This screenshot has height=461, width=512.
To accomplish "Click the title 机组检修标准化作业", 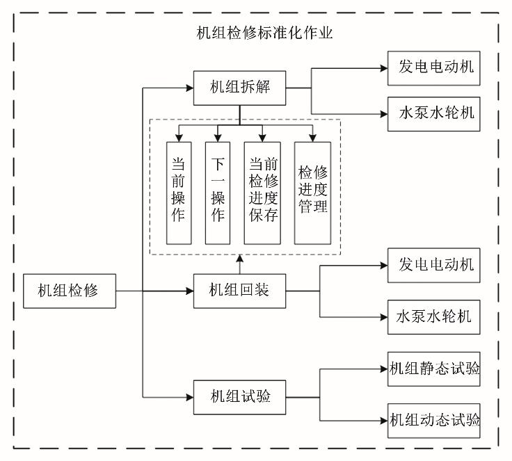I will point(265,33).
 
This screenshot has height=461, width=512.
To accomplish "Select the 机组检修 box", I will point(68,291).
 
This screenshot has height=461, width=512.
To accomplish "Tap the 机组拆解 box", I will point(239,88).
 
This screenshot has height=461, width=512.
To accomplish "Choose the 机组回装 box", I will point(239,291).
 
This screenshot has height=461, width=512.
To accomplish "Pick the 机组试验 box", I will point(239,398).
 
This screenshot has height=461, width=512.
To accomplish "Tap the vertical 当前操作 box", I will point(179,192).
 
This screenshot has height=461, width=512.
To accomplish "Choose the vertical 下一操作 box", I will point(218,192).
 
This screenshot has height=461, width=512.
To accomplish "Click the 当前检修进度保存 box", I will point(262,192).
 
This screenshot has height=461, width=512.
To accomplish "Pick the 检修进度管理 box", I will point(312,192).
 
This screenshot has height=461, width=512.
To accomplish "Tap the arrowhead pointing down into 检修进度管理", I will point(312,137).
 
